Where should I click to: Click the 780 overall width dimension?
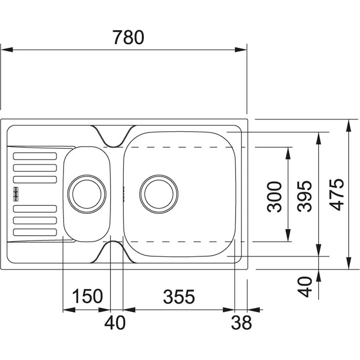[x=129, y=37]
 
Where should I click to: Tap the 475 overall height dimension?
[x=337, y=195]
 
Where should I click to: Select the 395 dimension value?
[x=304, y=196]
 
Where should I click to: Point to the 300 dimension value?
[x=274, y=196]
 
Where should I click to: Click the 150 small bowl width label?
[x=87, y=296]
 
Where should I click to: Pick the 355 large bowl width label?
[x=179, y=297]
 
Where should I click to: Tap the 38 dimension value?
[x=241, y=323]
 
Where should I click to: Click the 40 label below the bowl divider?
[x=115, y=323]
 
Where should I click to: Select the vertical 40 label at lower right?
[x=305, y=287]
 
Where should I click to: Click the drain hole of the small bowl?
[x=87, y=194]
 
